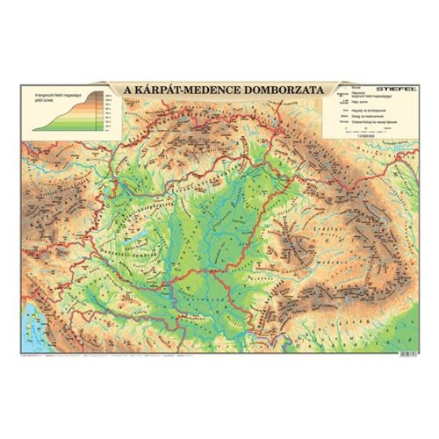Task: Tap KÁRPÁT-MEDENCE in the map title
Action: [x=186, y=90]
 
